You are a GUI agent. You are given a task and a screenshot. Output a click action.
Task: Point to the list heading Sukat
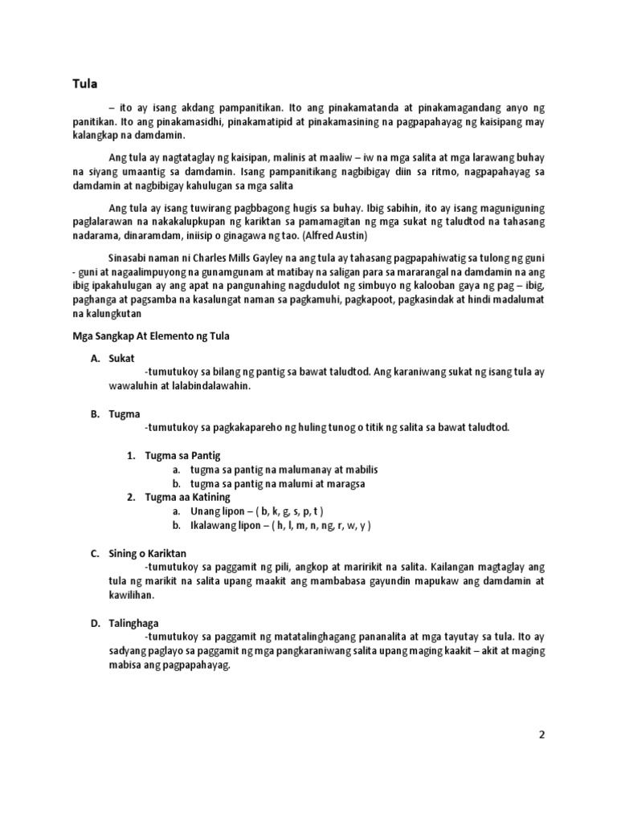tap(122, 358)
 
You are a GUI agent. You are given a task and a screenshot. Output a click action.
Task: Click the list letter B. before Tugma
tap(94, 413)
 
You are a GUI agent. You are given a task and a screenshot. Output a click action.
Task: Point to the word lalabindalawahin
tap(212, 386)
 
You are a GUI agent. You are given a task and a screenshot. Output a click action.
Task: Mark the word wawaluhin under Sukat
tap(132, 386)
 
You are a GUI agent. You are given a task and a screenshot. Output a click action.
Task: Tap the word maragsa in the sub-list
tap(345, 483)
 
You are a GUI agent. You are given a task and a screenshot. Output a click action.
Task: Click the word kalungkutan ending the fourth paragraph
tap(104, 313)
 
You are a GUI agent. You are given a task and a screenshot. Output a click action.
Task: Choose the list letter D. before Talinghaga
tap(94, 623)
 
